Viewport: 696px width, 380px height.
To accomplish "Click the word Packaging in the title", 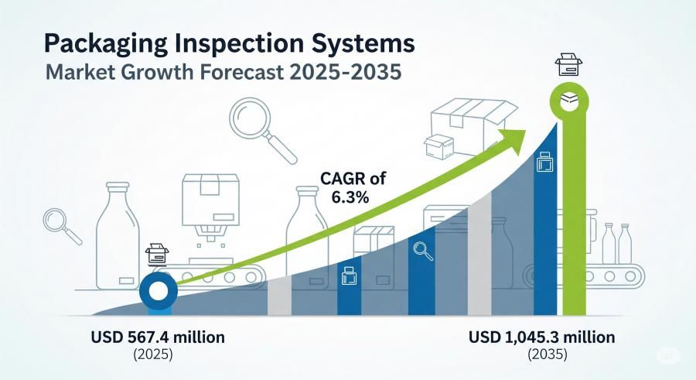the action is click(106, 44).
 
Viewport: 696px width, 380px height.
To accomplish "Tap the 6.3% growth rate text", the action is click(350, 197).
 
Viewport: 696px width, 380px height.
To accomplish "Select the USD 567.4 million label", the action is click(158, 337).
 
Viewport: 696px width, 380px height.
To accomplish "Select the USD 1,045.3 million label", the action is click(542, 337).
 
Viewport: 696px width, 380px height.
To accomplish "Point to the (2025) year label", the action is click(152, 354).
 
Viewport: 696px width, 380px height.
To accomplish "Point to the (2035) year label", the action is click(548, 354).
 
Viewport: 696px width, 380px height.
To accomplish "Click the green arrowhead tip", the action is click(526, 131).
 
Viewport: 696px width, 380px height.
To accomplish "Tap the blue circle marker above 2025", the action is click(159, 291).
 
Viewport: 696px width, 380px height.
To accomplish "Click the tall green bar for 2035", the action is click(575, 217).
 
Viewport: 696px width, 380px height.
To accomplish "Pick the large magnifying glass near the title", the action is click(263, 130).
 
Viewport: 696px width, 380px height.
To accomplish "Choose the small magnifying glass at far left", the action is click(62, 227).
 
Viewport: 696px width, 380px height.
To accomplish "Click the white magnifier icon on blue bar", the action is click(422, 251).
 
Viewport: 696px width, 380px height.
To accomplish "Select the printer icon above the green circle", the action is click(568, 65).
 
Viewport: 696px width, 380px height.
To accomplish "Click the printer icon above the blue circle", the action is click(157, 255).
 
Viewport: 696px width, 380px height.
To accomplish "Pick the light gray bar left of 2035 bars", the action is click(479, 253).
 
